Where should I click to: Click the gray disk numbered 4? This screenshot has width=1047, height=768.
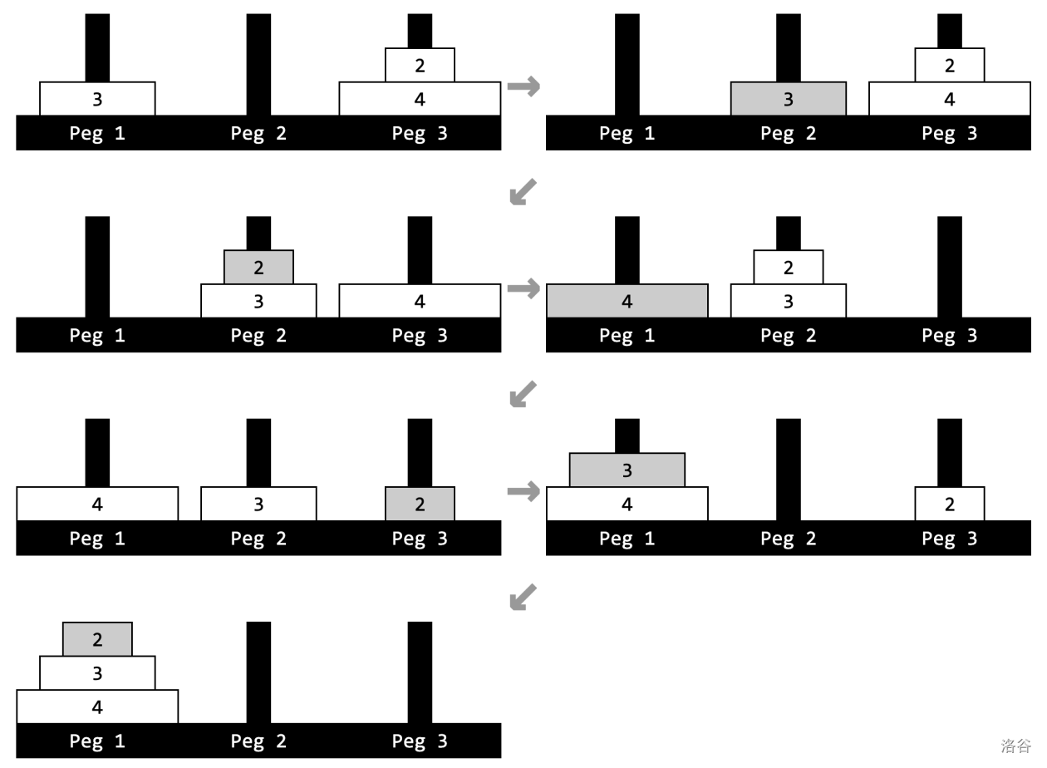pyautogui.click(x=627, y=301)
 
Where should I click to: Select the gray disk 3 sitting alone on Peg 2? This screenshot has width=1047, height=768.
pyautogui.click(x=789, y=99)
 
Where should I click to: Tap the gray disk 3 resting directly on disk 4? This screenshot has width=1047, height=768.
pyautogui.click(x=627, y=470)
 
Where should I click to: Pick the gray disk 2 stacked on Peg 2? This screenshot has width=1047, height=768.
pyautogui.click(x=258, y=267)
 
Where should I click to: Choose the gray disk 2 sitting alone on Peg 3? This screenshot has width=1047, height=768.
pyautogui.click(x=420, y=504)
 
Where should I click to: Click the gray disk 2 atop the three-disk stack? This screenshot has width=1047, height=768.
pyautogui.click(x=97, y=638)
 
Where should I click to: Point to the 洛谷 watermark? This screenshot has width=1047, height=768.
pyautogui.click(x=1015, y=746)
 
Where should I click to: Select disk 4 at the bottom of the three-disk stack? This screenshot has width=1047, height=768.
pyautogui.click(x=97, y=706)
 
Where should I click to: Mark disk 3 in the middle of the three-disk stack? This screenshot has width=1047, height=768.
pyautogui.click(x=97, y=672)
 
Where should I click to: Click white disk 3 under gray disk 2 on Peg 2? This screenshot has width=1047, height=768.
pyautogui.click(x=258, y=301)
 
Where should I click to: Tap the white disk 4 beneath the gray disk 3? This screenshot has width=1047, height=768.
pyautogui.click(x=627, y=504)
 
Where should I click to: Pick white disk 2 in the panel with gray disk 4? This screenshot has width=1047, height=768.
pyautogui.click(x=789, y=267)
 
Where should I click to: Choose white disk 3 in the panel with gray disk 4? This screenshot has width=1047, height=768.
pyautogui.click(x=789, y=301)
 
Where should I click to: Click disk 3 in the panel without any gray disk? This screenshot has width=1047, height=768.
pyautogui.click(x=97, y=99)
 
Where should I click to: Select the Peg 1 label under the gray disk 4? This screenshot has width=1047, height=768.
pyautogui.click(x=627, y=335)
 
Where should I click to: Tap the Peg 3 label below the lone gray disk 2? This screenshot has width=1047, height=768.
pyautogui.click(x=420, y=538)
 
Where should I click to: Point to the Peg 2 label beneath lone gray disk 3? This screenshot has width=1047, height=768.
pyautogui.click(x=789, y=133)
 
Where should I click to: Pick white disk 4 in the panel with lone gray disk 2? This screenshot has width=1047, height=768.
pyautogui.click(x=97, y=504)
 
